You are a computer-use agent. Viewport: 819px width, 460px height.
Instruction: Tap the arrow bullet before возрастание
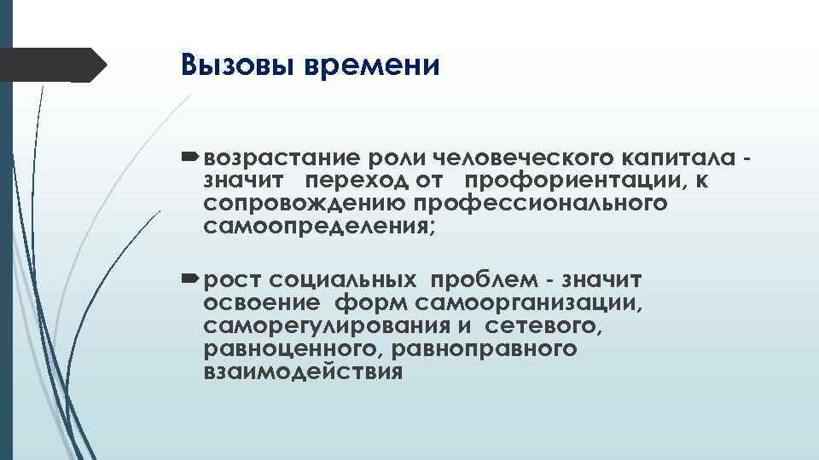[x=189, y=158]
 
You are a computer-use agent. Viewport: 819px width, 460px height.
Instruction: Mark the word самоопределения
[x=320, y=227]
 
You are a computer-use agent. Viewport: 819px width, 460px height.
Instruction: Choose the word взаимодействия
[x=302, y=373]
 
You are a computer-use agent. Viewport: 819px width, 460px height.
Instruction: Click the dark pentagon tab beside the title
[x=55, y=65]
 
